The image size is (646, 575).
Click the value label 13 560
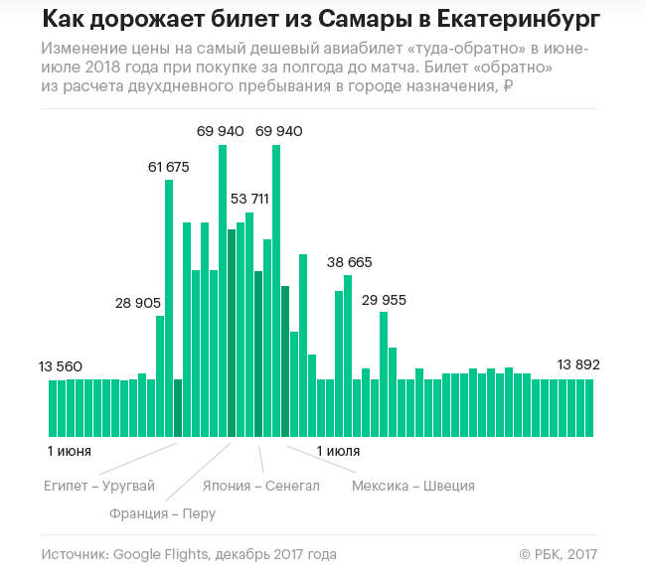pos(61,366)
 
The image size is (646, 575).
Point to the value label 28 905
pos(138,303)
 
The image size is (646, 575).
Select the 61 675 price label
pos(169,167)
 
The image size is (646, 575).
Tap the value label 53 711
pos(249,199)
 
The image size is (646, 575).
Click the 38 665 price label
pos(349,262)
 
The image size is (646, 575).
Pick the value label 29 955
pos(384,299)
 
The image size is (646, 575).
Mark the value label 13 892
pos(578,364)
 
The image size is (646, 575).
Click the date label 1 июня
pos(70,451)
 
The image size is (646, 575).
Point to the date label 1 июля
pos(338,451)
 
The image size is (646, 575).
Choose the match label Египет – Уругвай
pos(99,486)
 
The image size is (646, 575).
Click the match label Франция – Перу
pos(162,513)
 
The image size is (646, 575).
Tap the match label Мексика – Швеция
pos(413,486)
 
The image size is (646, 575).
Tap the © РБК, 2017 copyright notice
pos(559,553)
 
